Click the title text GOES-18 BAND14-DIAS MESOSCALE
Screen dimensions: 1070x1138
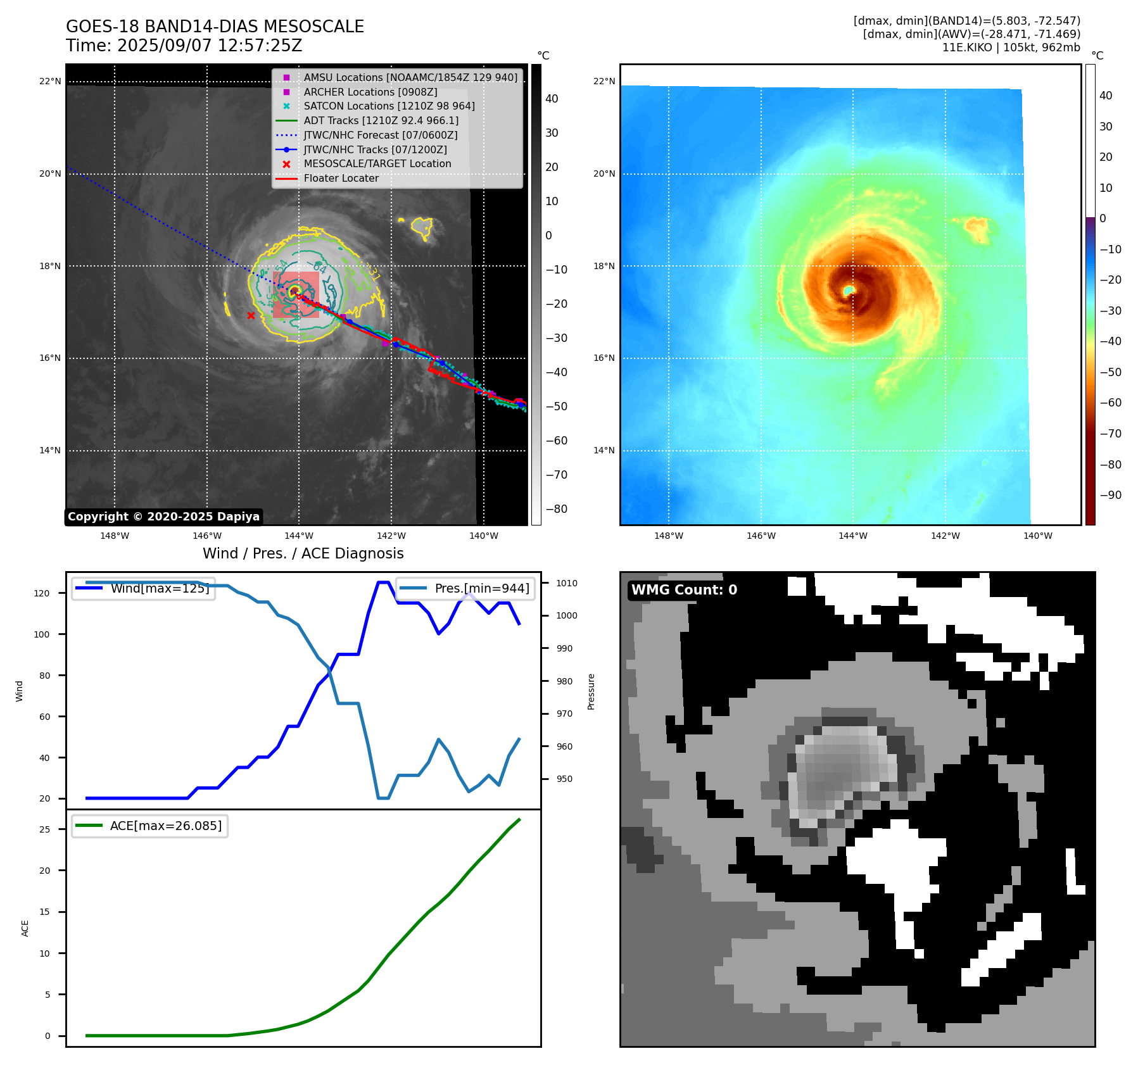(x=215, y=27)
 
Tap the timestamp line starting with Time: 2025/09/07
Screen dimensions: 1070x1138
(x=184, y=46)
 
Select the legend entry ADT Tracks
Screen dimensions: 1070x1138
(x=381, y=120)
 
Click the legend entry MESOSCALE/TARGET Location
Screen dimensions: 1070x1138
(x=377, y=163)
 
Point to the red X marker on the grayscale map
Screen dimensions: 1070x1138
(x=251, y=315)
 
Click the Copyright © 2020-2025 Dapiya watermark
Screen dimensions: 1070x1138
(x=163, y=517)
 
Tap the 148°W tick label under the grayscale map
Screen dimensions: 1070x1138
(x=115, y=536)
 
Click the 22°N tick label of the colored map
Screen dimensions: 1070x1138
(x=604, y=81)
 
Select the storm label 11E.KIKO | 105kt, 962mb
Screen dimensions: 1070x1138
(x=1011, y=47)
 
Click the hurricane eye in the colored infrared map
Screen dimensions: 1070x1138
(x=849, y=290)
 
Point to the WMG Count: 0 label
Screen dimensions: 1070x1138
(x=684, y=590)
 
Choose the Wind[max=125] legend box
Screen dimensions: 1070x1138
(x=143, y=588)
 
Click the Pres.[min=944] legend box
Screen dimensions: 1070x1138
(x=465, y=588)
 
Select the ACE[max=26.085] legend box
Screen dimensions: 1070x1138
(x=150, y=826)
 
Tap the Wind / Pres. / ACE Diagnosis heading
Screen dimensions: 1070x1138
(x=303, y=553)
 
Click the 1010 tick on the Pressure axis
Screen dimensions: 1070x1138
(x=567, y=583)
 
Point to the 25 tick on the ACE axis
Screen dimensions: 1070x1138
(x=44, y=829)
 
